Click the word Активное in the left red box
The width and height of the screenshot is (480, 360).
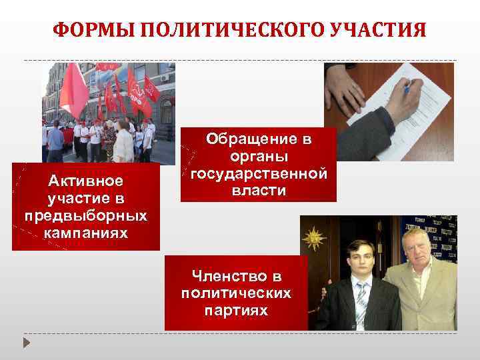85,181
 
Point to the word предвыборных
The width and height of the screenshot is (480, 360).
85,216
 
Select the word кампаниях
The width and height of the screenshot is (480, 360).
85,233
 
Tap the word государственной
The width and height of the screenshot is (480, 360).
259,174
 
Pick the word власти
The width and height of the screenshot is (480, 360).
259,191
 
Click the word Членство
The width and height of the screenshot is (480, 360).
236,275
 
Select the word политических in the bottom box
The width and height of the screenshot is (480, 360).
236,293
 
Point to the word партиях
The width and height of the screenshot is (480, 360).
236,310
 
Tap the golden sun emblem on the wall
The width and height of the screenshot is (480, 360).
313,237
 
